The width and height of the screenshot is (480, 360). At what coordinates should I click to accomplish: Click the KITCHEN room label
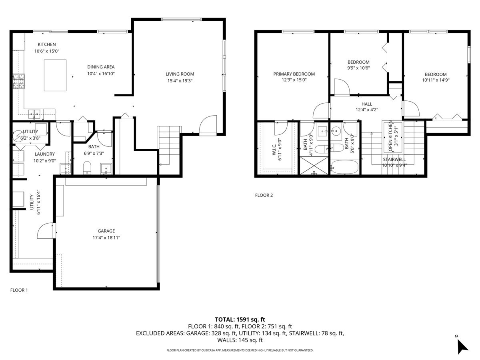[47, 44]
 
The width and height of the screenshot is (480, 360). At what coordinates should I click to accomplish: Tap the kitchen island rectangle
[55, 76]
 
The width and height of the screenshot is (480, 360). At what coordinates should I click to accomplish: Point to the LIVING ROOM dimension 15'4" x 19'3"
[180, 80]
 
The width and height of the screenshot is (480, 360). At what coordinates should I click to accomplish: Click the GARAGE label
[106, 231]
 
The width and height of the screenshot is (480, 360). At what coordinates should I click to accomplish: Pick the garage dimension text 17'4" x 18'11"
[106, 238]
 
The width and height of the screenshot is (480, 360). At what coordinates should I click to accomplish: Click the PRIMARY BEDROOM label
[294, 74]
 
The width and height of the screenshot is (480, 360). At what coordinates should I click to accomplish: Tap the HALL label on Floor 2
[367, 104]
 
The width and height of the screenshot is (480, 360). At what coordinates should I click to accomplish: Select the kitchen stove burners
[19, 81]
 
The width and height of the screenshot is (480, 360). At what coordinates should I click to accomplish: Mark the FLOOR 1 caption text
[19, 290]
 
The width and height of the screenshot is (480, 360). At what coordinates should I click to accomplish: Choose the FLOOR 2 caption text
[264, 196]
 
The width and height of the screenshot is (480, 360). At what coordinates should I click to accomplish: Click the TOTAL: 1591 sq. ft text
[240, 319]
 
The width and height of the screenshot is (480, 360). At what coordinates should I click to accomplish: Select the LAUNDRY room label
[44, 154]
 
